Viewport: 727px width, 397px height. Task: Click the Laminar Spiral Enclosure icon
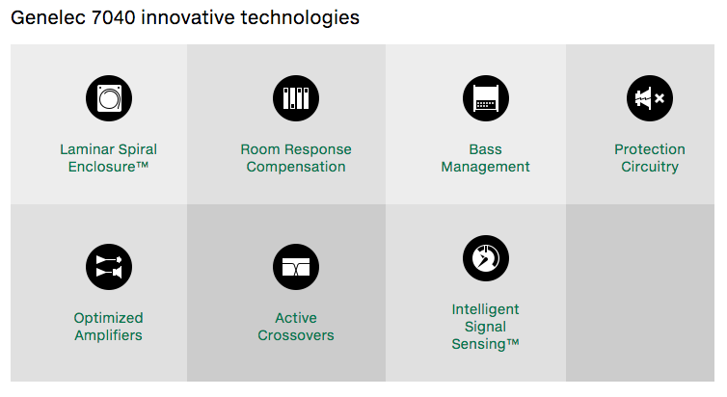tap(109, 98)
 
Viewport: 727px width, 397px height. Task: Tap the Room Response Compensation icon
tap(296, 98)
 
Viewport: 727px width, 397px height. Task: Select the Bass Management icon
tap(485, 98)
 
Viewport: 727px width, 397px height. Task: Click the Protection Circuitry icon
tap(650, 98)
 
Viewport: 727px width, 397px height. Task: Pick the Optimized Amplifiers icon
tap(109, 267)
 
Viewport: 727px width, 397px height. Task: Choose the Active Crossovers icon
tap(296, 267)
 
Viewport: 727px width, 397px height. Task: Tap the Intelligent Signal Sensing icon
tap(485, 258)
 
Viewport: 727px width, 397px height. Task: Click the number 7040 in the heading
tap(114, 18)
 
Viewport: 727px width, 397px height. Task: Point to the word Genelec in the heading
tap(48, 18)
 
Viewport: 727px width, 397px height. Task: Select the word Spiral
tap(137, 150)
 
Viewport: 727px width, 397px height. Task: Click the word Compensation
tap(296, 168)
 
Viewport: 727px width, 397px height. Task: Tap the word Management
tap(485, 168)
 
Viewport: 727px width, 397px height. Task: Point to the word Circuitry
tap(650, 168)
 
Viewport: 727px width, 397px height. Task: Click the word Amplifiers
tap(109, 336)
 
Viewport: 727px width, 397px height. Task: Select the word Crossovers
tap(296, 335)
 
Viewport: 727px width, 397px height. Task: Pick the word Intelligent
tap(485, 309)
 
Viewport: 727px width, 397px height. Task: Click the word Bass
tap(485, 149)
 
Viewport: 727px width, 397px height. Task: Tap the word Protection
tap(650, 149)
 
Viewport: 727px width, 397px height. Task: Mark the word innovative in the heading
tap(188, 18)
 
